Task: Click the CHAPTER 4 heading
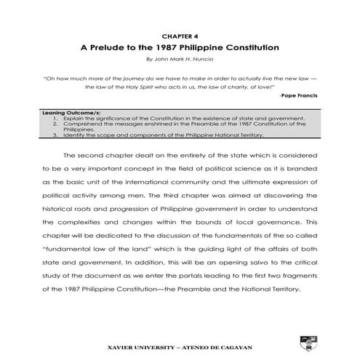pyautogui.click(x=180, y=34)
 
